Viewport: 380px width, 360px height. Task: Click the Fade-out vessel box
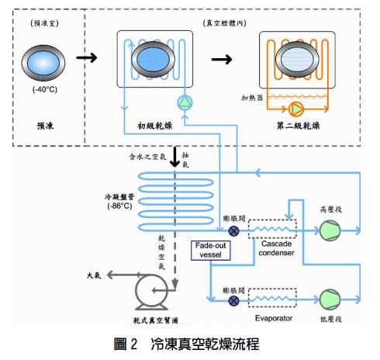click(211, 251)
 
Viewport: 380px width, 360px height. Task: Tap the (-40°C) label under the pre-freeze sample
click(45, 89)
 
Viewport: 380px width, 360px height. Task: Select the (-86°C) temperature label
click(119, 206)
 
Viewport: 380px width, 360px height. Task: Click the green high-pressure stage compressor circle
click(330, 230)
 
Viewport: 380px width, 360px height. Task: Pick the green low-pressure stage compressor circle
click(330, 299)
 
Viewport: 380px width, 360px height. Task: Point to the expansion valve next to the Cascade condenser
click(234, 230)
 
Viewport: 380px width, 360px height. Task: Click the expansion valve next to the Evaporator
click(234, 300)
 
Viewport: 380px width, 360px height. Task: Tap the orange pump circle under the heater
click(296, 109)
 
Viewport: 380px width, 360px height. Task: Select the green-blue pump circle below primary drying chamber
click(185, 102)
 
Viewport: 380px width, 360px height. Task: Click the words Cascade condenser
click(276, 248)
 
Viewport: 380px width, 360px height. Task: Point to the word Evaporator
click(274, 318)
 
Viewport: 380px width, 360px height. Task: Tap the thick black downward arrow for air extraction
click(175, 157)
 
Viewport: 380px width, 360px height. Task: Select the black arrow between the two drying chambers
click(222, 60)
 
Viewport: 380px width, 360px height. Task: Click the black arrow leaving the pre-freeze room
click(87, 57)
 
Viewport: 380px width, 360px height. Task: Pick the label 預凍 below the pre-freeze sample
click(45, 126)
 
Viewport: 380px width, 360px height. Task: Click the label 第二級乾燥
click(298, 126)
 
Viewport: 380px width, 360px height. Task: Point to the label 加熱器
click(252, 98)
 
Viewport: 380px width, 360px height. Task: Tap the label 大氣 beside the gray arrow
click(94, 275)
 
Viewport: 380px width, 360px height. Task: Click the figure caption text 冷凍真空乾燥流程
click(205, 344)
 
